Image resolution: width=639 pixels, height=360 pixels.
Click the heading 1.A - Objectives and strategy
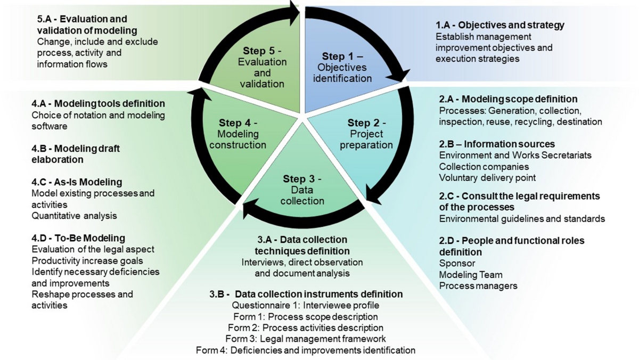[x=500, y=25]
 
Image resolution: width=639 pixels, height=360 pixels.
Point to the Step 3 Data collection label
[x=303, y=189]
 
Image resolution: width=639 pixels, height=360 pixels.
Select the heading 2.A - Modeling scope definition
[x=508, y=99]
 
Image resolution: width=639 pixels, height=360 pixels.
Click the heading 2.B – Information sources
[x=497, y=144]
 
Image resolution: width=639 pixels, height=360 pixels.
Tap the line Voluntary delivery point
[x=487, y=177]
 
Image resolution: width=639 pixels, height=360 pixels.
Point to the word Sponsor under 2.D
[x=457, y=263]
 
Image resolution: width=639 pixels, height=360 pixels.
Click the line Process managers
[x=478, y=285]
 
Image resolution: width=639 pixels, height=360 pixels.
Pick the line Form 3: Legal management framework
[x=306, y=338]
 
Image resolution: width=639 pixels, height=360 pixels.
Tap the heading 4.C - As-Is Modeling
[x=77, y=182]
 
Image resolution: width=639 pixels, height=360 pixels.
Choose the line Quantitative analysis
[x=74, y=216]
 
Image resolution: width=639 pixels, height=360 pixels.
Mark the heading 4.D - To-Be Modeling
[x=78, y=238]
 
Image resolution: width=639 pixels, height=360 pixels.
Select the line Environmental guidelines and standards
[x=522, y=218]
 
